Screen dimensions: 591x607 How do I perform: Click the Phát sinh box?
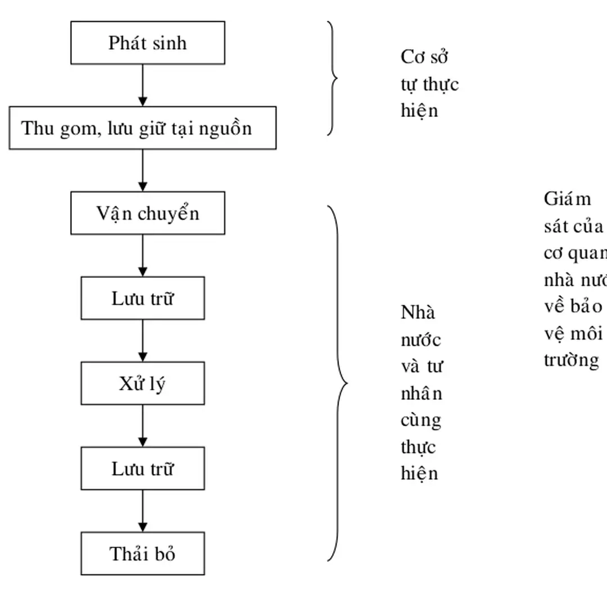(x=147, y=43)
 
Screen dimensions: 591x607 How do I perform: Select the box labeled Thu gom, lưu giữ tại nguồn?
(x=143, y=128)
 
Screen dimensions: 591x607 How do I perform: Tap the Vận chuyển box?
(x=148, y=213)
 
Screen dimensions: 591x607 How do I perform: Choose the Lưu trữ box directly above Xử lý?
(x=143, y=299)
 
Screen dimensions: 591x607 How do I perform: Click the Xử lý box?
(x=143, y=384)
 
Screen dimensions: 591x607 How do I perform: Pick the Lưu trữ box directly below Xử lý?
(x=143, y=469)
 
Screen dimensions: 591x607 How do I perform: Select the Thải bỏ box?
(x=143, y=554)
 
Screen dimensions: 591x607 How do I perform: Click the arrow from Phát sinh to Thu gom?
(x=143, y=85)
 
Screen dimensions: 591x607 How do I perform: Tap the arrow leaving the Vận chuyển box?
(x=143, y=255)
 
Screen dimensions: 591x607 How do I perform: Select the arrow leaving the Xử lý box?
(x=143, y=426)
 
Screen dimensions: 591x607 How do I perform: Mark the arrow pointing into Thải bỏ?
(x=143, y=511)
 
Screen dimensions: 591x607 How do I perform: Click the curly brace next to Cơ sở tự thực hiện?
(x=333, y=78)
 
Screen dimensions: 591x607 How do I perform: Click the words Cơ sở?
(x=424, y=57)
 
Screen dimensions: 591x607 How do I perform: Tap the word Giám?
(x=568, y=199)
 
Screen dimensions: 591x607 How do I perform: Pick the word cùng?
(x=421, y=421)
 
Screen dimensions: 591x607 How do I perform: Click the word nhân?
(x=422, y=394)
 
